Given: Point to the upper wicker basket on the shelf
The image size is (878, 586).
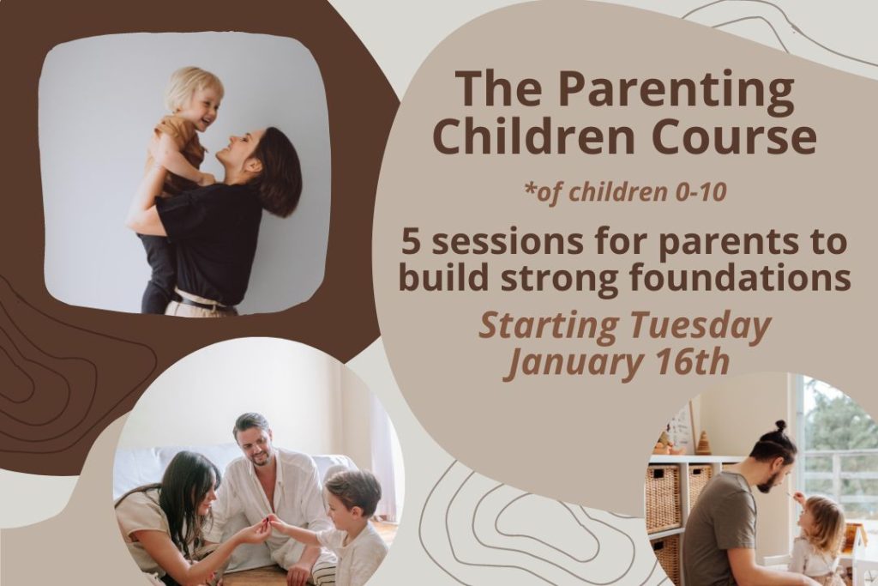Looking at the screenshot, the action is (663, 497).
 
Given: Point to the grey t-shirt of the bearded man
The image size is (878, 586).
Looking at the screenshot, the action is (719, 529).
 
